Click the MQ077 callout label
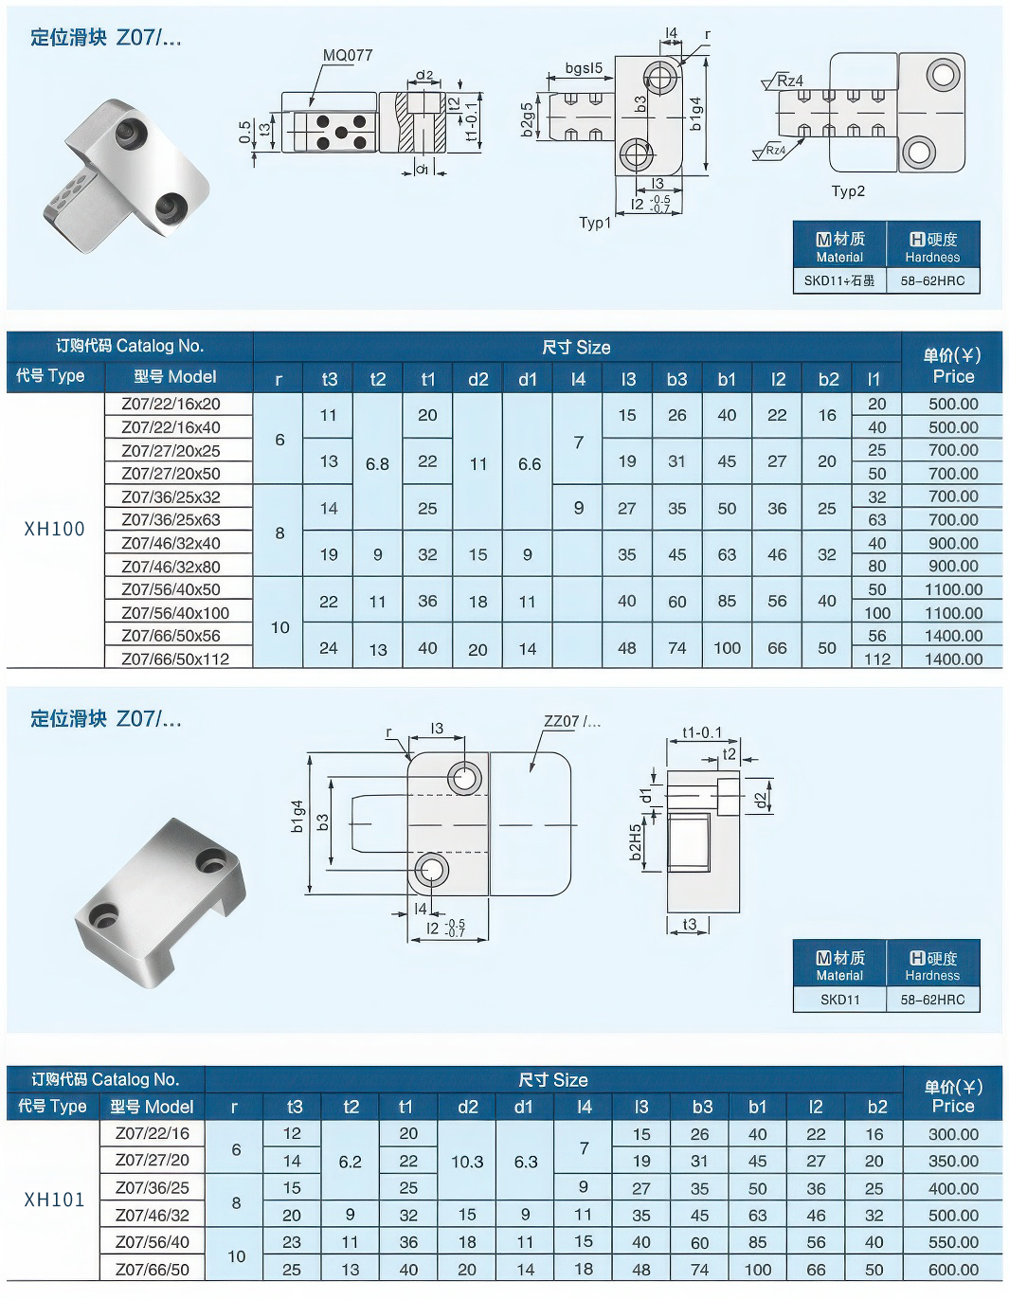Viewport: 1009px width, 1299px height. pos(348,55)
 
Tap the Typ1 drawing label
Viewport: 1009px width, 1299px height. pos(595,224)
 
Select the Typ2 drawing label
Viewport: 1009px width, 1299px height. pos(848,190)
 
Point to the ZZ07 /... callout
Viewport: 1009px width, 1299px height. pos(571,722)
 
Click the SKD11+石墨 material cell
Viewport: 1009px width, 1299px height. pos(839,280)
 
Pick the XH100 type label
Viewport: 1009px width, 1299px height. pos(54,530)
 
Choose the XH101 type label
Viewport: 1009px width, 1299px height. pos(54,1200)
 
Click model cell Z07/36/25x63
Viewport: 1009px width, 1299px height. pos(171,519)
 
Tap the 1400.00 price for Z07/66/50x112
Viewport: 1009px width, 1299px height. pos(953,659)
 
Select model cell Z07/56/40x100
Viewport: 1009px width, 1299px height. pos(175,612)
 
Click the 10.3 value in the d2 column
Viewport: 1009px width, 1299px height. pos(467,1162)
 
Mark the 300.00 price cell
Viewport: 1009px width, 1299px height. pos(953,1134)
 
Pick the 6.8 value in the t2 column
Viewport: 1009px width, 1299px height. pos(377,464)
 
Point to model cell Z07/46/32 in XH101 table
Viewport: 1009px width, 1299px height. pos(153,1215)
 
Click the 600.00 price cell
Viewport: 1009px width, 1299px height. pos(953,1270)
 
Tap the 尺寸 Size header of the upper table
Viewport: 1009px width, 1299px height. pos(576,347)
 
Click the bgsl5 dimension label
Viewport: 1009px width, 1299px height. pos(584,68)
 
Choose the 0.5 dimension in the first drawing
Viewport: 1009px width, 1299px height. pos(245,132)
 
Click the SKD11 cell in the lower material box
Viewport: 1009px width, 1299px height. pos(839,1000)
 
